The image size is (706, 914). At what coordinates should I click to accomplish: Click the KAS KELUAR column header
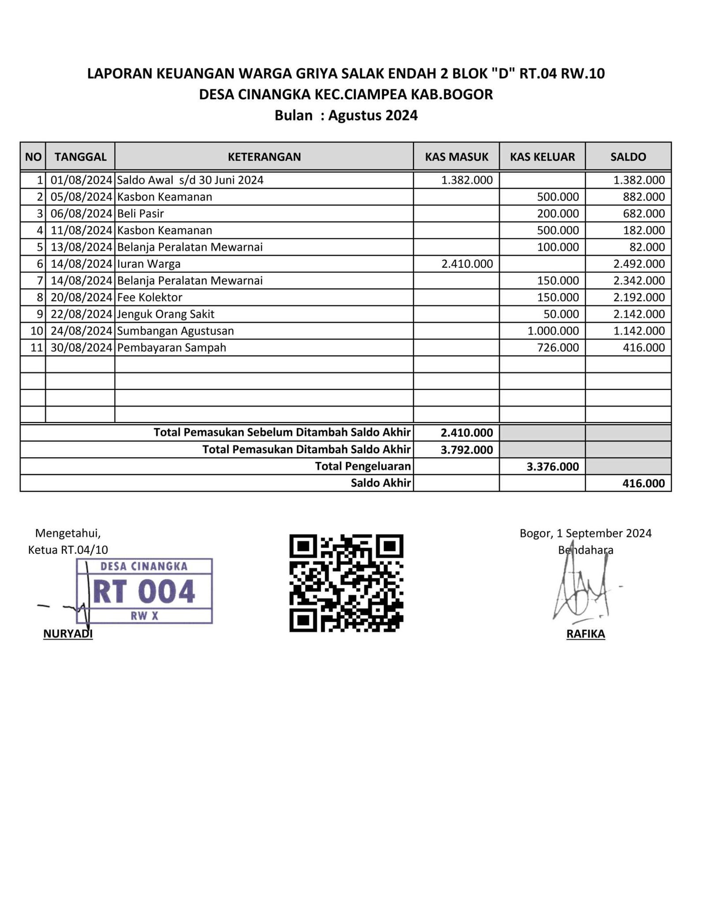click(542, 157)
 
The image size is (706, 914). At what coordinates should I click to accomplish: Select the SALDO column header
click(628, 157)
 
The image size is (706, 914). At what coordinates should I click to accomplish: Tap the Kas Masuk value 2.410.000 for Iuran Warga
click(467, 264)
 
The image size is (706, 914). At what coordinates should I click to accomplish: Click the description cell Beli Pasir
click(140, 214)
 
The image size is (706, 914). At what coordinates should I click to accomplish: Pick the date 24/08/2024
click(81, 331)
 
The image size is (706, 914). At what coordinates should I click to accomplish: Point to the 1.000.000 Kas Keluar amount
click(553, 331)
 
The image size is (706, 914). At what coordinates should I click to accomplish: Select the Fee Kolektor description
click(150, 297)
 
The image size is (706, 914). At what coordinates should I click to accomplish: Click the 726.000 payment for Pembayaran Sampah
click(558, 348)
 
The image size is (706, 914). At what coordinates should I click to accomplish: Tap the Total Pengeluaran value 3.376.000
click(552, 466)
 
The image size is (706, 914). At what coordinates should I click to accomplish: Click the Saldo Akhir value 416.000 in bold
click(643, 483)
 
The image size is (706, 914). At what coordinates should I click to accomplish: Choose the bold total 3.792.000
click(467, 450)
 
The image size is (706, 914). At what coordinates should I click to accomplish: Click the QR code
click(346, 583)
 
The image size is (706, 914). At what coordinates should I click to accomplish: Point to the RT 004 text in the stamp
click(144, 591)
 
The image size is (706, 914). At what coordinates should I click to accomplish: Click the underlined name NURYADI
click(68, 634)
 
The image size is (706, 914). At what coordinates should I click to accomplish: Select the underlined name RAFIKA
click(586, 634)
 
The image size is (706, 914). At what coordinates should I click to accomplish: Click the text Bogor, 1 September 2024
click(586, 533)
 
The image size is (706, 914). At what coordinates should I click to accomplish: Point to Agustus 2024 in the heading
click(373, 115)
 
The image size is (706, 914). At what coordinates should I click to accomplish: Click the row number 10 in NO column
click(37, 331)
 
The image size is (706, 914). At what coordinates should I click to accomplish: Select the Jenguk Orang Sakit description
click(165, 314)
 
